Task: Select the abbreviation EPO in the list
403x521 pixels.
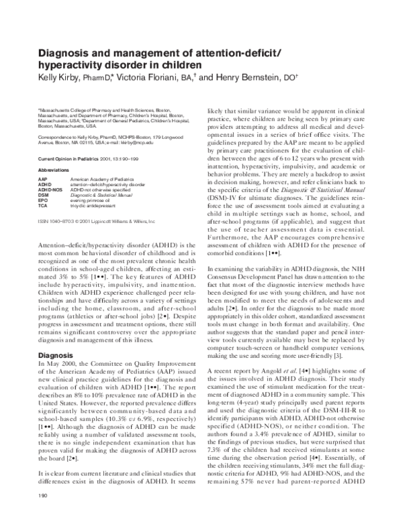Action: pyautogui.click(x=43, y=199)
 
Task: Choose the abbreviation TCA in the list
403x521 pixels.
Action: pyautogui.click(x=43, y=205)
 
